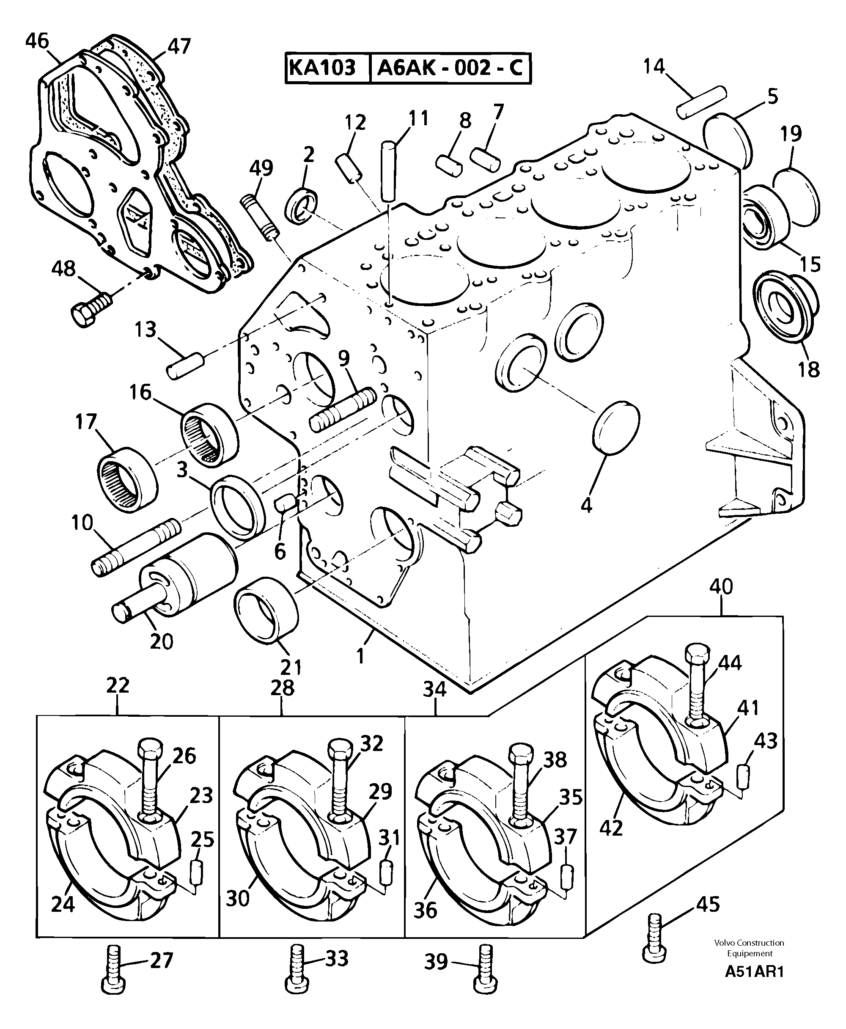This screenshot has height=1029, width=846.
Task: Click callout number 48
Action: click(64, 269)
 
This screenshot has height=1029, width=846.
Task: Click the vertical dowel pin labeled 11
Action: click(388, 171)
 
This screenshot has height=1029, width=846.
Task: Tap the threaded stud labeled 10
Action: click(135, 547)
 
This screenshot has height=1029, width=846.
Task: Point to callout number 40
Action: click(721, 586)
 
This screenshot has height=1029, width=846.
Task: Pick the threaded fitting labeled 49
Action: click(259, 217)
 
